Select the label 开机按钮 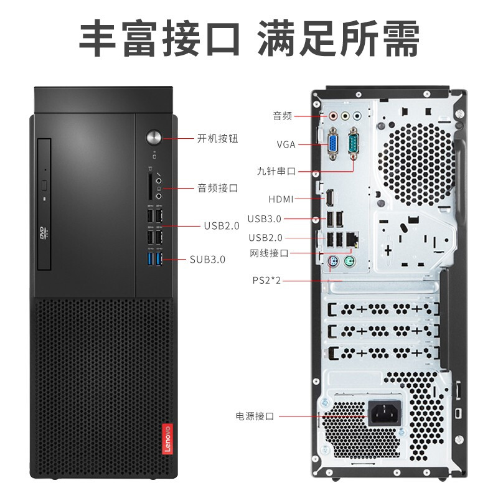point(218,138)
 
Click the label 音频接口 point(218,187)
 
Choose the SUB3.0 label point(207,260)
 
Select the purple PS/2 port point(334,263)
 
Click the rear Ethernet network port point(353,238)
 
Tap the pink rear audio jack point(333,115)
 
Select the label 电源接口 point(255,416)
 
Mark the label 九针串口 point(275,171)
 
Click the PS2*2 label point(267,281)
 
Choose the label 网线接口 point(269,253)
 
